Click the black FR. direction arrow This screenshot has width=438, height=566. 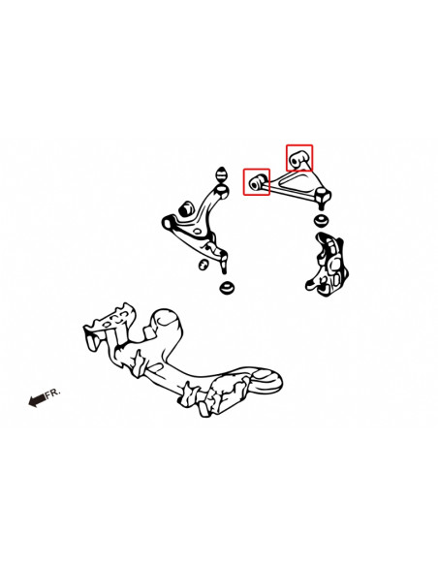[37, 400]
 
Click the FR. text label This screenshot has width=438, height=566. [53, 393]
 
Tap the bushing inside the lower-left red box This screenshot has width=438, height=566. [257, 182]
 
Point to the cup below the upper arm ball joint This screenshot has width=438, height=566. [321, 220]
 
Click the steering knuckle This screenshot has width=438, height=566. [327, 264]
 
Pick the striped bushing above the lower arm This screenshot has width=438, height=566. [221, 175]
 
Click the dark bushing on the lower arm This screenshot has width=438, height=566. [186, 208]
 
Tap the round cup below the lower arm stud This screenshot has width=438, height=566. [228, 287]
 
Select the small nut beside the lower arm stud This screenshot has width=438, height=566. [203, 265]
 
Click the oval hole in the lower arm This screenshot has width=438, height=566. [198, 232]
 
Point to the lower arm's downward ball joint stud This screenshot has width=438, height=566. [224, 265]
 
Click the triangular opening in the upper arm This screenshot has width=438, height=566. [294, 180]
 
